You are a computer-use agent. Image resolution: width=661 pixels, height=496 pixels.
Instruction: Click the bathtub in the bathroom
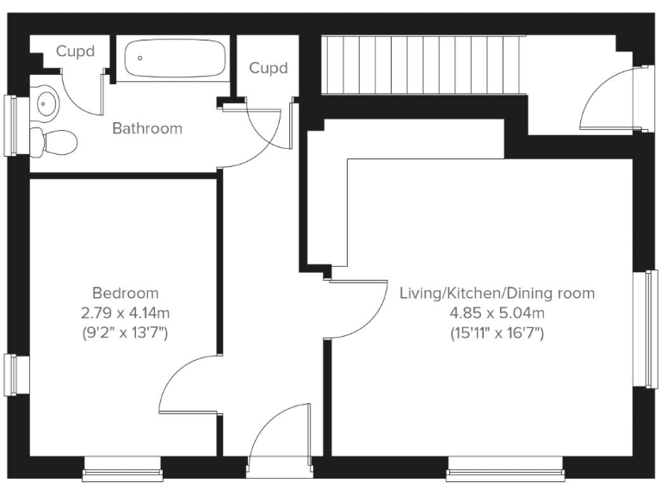click(175, 59)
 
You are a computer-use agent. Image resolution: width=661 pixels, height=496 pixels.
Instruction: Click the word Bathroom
click(147, 128)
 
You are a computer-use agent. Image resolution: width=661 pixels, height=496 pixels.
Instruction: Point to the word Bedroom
click(126, 293)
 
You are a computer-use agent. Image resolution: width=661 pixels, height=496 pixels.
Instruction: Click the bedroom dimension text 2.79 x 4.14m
click(126, 312)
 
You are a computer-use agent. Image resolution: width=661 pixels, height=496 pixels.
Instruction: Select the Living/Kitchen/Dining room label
click(497, 293)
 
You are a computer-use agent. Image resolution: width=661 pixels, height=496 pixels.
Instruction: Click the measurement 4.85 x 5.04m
click(497, 313)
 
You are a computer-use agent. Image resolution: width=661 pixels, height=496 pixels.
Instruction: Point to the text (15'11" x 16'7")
click(497, 332)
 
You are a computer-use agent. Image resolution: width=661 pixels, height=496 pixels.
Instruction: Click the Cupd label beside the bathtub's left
click(75, 51)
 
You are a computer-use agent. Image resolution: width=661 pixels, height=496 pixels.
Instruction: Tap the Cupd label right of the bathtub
click(268, 68)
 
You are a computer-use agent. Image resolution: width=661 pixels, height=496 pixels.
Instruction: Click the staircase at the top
click(422, 65)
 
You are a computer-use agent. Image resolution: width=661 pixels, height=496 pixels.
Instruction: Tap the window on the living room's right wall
click(651, 328)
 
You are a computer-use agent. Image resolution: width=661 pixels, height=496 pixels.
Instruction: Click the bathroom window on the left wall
click(10, 125)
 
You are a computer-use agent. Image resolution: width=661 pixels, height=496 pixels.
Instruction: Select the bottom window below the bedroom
click(123, 469)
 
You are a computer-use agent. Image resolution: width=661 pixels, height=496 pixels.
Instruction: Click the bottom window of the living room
click(505, 469)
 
